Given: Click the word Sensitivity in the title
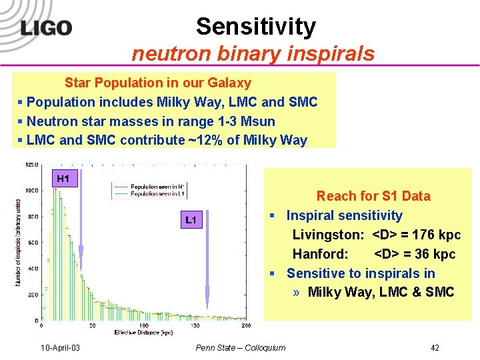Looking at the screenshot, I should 256,27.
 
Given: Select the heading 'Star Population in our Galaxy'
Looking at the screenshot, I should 158,83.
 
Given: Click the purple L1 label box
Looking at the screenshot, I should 191,219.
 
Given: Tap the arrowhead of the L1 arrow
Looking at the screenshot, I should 207,294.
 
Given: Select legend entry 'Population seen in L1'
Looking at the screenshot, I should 158,195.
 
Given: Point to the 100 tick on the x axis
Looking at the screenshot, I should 143,325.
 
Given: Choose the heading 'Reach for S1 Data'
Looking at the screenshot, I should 373,196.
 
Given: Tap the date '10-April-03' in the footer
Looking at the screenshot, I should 61,347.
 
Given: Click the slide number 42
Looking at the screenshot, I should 435,347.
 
